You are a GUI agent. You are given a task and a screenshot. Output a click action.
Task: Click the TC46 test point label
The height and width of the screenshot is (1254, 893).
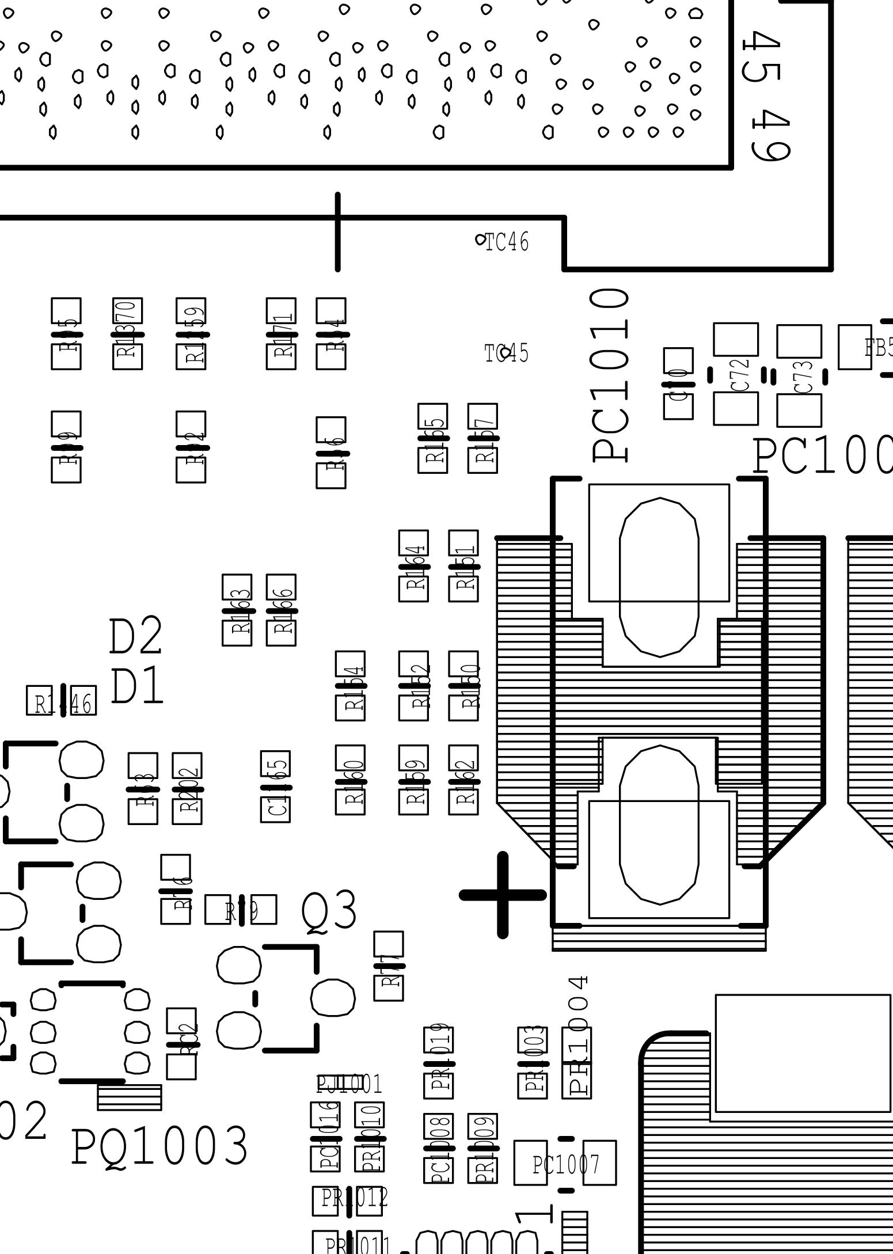point(506,242)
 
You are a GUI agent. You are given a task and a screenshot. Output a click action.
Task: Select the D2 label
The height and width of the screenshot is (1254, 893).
point(135,636)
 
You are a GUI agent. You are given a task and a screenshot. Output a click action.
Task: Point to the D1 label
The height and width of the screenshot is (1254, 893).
point(136,686)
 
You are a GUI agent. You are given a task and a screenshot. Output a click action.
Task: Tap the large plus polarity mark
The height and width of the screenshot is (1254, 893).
point(503,895)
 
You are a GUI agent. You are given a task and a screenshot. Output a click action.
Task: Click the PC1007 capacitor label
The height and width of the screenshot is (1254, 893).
point(565,1164)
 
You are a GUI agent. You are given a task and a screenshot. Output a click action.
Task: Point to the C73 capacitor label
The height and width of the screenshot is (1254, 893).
point(803,377)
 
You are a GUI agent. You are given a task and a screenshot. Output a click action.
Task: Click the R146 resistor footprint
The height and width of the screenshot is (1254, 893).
point(62,701)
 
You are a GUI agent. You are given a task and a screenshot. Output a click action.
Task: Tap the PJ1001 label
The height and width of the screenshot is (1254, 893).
point(349,1085)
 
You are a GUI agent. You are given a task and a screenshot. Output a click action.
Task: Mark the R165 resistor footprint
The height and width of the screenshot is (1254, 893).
point(433,438)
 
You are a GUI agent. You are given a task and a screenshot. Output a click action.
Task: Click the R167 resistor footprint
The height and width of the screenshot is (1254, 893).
point(483,438)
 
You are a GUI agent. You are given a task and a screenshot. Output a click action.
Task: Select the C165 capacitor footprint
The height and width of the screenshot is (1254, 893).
point(275,787)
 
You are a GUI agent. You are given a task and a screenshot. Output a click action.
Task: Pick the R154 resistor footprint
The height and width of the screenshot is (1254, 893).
point(350,686)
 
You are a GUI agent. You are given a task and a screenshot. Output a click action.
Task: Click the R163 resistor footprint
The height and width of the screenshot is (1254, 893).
point(237,610)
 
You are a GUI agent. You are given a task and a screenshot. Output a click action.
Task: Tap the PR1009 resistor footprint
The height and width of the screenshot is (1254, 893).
point(483,1149)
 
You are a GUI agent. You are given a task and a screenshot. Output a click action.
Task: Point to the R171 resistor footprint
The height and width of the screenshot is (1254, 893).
point(282,334)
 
